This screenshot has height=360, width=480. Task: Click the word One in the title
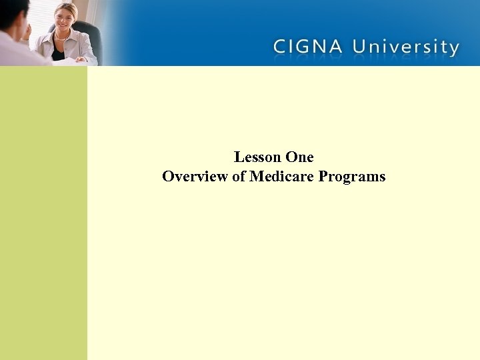[x=299, y=157]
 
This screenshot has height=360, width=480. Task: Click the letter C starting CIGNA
[x=281, y=47]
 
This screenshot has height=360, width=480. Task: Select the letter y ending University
[x=453, y=49]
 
